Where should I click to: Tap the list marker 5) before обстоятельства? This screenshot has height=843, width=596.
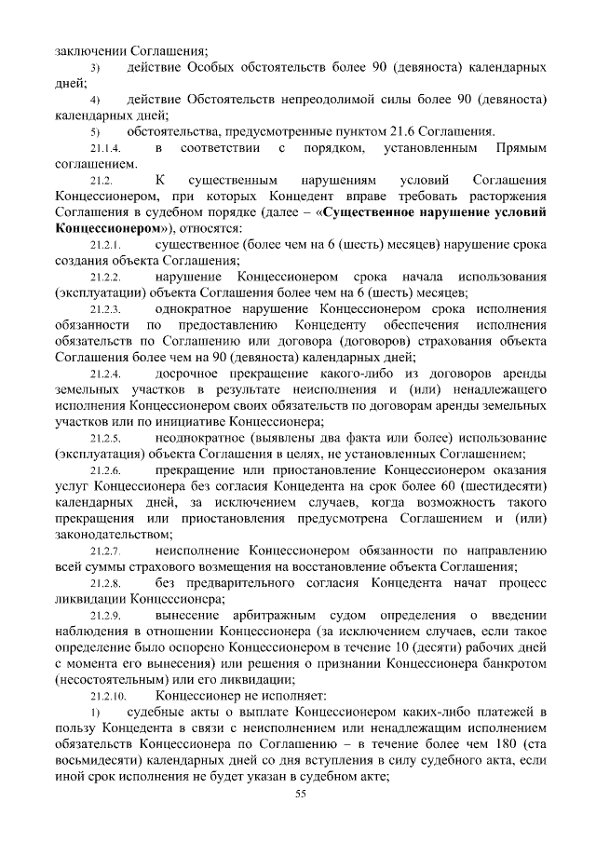(94, 132)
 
